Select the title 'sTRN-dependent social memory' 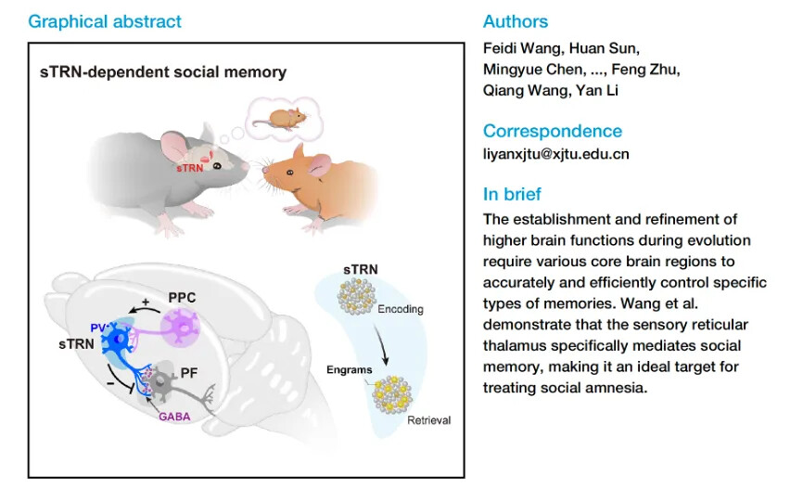[163, 71]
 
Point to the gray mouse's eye [219, 166]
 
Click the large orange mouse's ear [300, 154]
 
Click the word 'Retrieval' [429, 420]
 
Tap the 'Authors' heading [516, 21]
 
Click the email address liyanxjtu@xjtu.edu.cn [556, 154]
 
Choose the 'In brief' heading [512, 194]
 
